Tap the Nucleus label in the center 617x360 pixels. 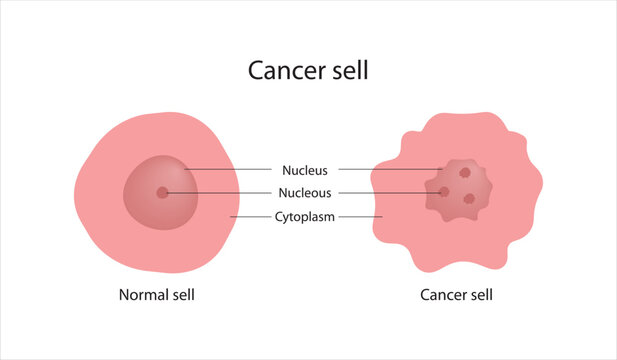click(304, 170)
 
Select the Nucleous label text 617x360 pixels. click(307, 193)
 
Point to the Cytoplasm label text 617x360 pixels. click(305, 216)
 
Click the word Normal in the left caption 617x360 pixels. click(143, 295)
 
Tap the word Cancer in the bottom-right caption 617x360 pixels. click(443, 295)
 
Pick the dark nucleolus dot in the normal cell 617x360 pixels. click(163, 192)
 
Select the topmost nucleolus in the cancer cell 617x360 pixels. click(465, 172)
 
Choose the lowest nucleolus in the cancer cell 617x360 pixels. click(469, 198)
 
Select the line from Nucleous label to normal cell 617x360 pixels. click(220, 193)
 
